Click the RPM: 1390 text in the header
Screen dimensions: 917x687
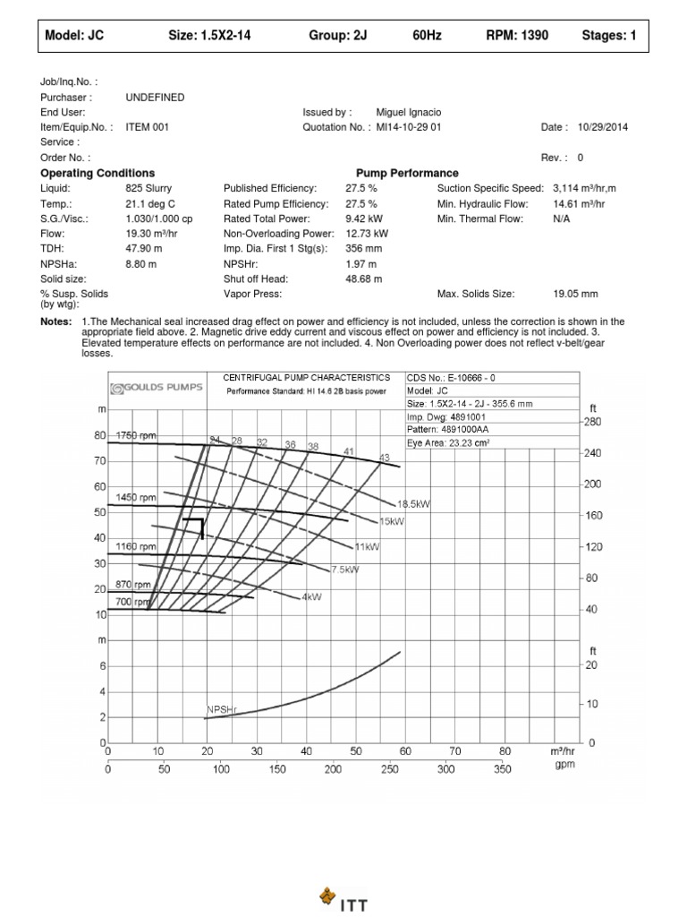(517, 36)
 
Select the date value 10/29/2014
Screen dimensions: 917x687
(603, 127)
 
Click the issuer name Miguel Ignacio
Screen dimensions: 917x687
(408, 112)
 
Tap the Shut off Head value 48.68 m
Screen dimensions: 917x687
(364, 279)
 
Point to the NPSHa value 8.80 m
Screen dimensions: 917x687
(143, 264)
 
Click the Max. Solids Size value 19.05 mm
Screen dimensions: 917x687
(576, 294)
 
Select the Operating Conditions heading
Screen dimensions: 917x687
(98, 173)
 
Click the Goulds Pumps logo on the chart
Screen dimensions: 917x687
(157, 388)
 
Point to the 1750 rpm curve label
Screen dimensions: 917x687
(135, 435)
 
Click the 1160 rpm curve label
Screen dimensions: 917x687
(135, 546)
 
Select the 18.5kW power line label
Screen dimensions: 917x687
(412, 504)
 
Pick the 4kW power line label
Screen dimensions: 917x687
(311, 596)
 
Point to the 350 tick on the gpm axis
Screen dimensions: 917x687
(502, 768)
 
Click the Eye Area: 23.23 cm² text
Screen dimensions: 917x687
(449, 442)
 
